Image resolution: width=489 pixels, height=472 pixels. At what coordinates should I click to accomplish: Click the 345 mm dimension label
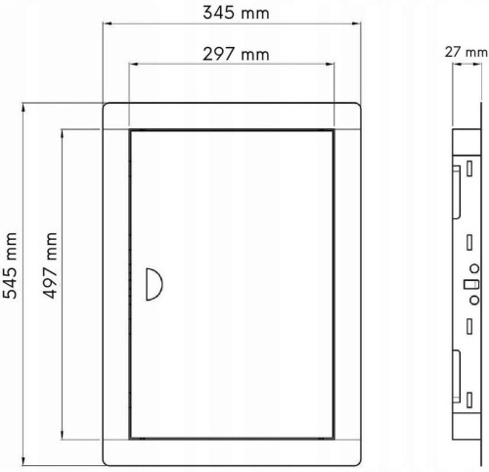pyautogui.click(x=236, y=13)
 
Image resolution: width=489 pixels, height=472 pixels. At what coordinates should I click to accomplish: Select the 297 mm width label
pyautogui.click(x=236, y=54)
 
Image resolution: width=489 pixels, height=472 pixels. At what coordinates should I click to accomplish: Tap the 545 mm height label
pyautogui.click(x=10, y=265)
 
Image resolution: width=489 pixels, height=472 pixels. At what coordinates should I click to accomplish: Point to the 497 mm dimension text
pyautogui.click(x=50, y=265)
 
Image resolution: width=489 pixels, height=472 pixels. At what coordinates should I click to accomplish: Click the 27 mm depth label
pyautogui.click(x=467, y=52)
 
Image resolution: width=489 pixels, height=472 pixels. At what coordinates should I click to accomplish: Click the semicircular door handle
pyautogui.click(x=154, y=284)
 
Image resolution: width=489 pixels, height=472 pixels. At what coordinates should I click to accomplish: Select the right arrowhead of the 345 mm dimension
pyautogui.click(x=356, y=24)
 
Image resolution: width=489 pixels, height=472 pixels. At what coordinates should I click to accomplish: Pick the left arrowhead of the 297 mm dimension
pyautogui.click(x=134, y=64)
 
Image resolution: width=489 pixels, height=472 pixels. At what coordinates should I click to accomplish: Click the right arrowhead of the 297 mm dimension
pyautogui.click(x=330, y=64)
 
